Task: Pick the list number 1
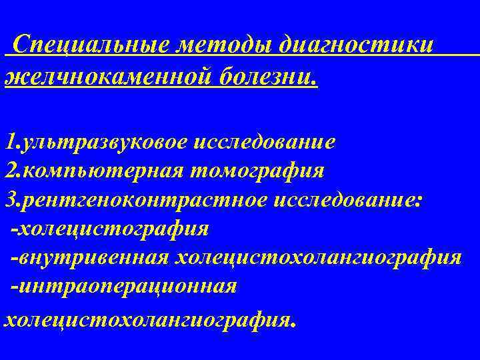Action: (9, 141)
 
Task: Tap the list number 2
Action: (10, 171)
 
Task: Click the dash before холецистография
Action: (15, 230)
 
